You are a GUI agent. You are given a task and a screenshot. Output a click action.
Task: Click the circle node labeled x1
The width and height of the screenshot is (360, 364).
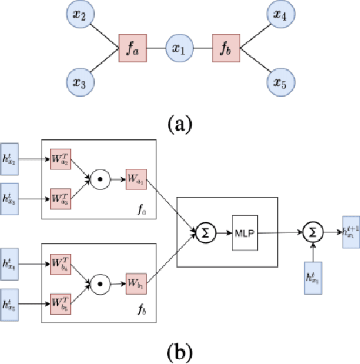click(180, 49)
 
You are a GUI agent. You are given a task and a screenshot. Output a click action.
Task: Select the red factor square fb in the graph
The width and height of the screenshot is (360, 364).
click(226, 49)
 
